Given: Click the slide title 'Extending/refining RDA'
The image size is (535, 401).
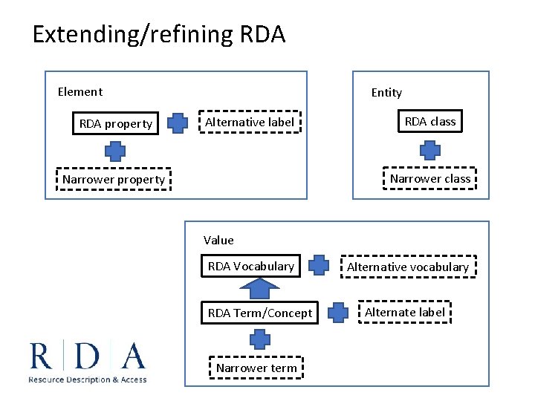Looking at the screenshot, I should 158,34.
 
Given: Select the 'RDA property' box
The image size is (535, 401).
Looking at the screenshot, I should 116,124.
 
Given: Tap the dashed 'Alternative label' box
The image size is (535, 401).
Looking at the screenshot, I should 250,122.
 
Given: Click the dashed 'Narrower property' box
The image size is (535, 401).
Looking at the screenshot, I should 114,179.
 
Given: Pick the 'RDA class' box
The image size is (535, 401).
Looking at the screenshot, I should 430,121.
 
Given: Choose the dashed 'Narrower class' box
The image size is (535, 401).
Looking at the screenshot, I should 430,178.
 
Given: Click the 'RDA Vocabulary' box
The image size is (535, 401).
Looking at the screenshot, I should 251,266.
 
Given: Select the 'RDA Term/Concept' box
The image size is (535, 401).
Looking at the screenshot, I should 260,313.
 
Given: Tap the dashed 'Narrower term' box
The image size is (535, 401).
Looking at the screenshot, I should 256,368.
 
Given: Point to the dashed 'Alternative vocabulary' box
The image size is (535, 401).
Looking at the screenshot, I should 408,267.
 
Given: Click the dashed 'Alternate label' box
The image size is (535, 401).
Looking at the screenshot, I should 405,312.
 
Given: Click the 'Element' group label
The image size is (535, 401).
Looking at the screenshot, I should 80,92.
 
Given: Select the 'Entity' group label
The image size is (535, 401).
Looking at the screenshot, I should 386,93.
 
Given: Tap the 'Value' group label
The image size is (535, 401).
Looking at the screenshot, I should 218,240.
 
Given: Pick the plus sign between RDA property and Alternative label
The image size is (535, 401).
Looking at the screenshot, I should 177,123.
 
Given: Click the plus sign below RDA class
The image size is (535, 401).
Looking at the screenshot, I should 430,150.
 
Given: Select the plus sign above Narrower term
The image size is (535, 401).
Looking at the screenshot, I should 259,340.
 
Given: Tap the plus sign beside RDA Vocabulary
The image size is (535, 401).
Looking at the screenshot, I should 318,265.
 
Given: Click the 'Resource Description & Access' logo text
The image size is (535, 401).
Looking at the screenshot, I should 88,379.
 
